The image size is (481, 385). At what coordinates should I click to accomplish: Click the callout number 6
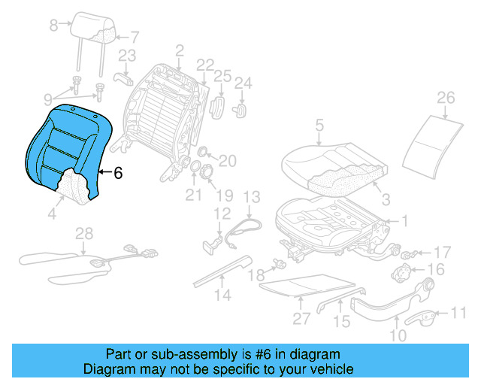pyautogui.click(x=117, y=172)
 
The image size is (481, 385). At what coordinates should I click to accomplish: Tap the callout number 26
pyautogui.click(x=446, y=98)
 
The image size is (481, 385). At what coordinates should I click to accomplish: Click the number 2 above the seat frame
pyautogui.click(x=180, y=50)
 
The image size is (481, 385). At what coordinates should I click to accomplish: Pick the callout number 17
pyautogui.click(x=443, y=252)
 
